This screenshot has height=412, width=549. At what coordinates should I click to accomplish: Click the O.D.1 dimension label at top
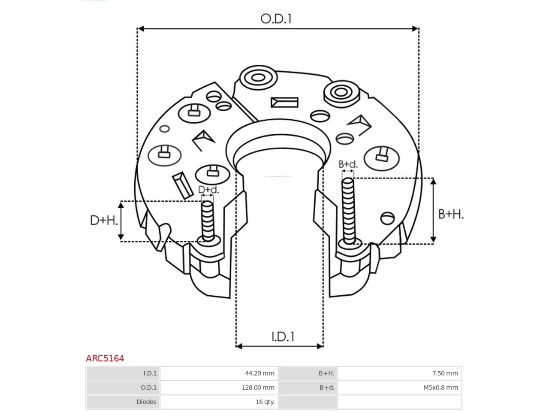tap(276, 19)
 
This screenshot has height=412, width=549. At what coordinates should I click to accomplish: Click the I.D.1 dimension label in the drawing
tap(283, 337)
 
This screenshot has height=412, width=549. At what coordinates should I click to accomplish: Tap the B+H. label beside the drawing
tap(451, 215)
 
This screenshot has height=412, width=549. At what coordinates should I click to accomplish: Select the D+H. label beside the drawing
tap(104, 221)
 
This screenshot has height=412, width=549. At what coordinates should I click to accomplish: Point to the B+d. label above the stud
tap(348, 164)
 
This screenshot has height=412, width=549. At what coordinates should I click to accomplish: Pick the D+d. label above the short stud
tap(208, 190)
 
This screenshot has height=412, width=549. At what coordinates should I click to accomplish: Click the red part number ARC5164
tap(105, 358)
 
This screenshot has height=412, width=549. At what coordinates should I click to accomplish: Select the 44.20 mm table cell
tap(259, 373)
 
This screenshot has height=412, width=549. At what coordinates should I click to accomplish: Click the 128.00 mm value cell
tap(258, 388)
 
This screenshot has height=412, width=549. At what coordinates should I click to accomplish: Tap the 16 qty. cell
tap(265, 402)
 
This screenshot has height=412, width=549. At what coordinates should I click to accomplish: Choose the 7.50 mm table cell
tap(445, 373)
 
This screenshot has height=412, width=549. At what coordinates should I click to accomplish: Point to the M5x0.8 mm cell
tap(440, 388)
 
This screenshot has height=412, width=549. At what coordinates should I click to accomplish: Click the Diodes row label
tap(146, 402)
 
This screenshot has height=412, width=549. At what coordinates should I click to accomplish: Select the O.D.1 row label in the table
tap(148, 388)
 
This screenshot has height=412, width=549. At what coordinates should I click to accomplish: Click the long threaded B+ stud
tap(348, 211)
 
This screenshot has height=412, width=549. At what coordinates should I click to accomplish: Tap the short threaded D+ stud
tap(208, 221)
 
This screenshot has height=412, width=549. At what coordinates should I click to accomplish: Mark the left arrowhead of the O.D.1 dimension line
tap(141, 29)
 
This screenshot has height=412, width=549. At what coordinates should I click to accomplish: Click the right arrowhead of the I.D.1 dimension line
tap(320, 346)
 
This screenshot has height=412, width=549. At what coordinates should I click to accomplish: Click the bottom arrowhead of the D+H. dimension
tap(121, 236)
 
